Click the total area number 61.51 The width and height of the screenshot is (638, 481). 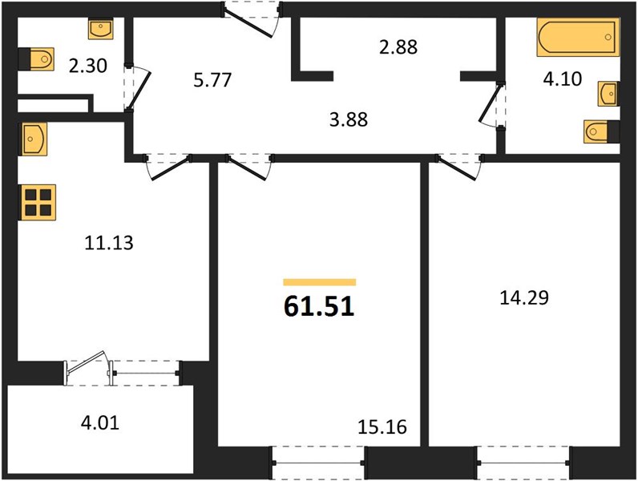319,306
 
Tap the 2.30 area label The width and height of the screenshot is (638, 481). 88,66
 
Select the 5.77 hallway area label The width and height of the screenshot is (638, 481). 212,79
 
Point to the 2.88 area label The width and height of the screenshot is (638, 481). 398,46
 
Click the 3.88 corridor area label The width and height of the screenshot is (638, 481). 349,119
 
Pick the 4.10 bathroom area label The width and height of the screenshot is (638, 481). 563,79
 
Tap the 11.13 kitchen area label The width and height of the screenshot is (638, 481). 109,243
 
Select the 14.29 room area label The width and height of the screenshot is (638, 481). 524,297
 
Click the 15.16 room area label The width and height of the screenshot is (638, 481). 382,426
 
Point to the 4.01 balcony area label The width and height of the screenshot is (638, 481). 100,422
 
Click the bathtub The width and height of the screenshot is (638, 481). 578,37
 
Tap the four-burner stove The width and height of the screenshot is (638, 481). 38,203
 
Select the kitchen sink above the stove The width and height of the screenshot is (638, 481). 33,139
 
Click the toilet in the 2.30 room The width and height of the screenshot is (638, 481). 36,59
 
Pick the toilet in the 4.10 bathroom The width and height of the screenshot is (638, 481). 601,131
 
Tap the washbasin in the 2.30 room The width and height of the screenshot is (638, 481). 100,29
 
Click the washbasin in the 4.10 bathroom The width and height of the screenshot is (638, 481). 608,94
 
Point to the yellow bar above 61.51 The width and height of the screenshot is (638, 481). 320,282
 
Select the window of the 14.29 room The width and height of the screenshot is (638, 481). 523,463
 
